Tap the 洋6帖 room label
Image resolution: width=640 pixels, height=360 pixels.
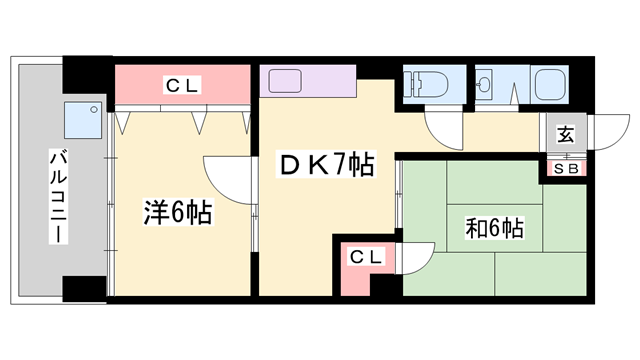(176, 213)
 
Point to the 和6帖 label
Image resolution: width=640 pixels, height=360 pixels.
(493, 228)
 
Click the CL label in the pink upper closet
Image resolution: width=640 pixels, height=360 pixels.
(181, 86)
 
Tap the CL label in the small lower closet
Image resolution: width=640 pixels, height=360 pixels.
(365, 258)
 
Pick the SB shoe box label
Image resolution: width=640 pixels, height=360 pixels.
(566, 168)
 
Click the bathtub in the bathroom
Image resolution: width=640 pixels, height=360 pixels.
(550, 83)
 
